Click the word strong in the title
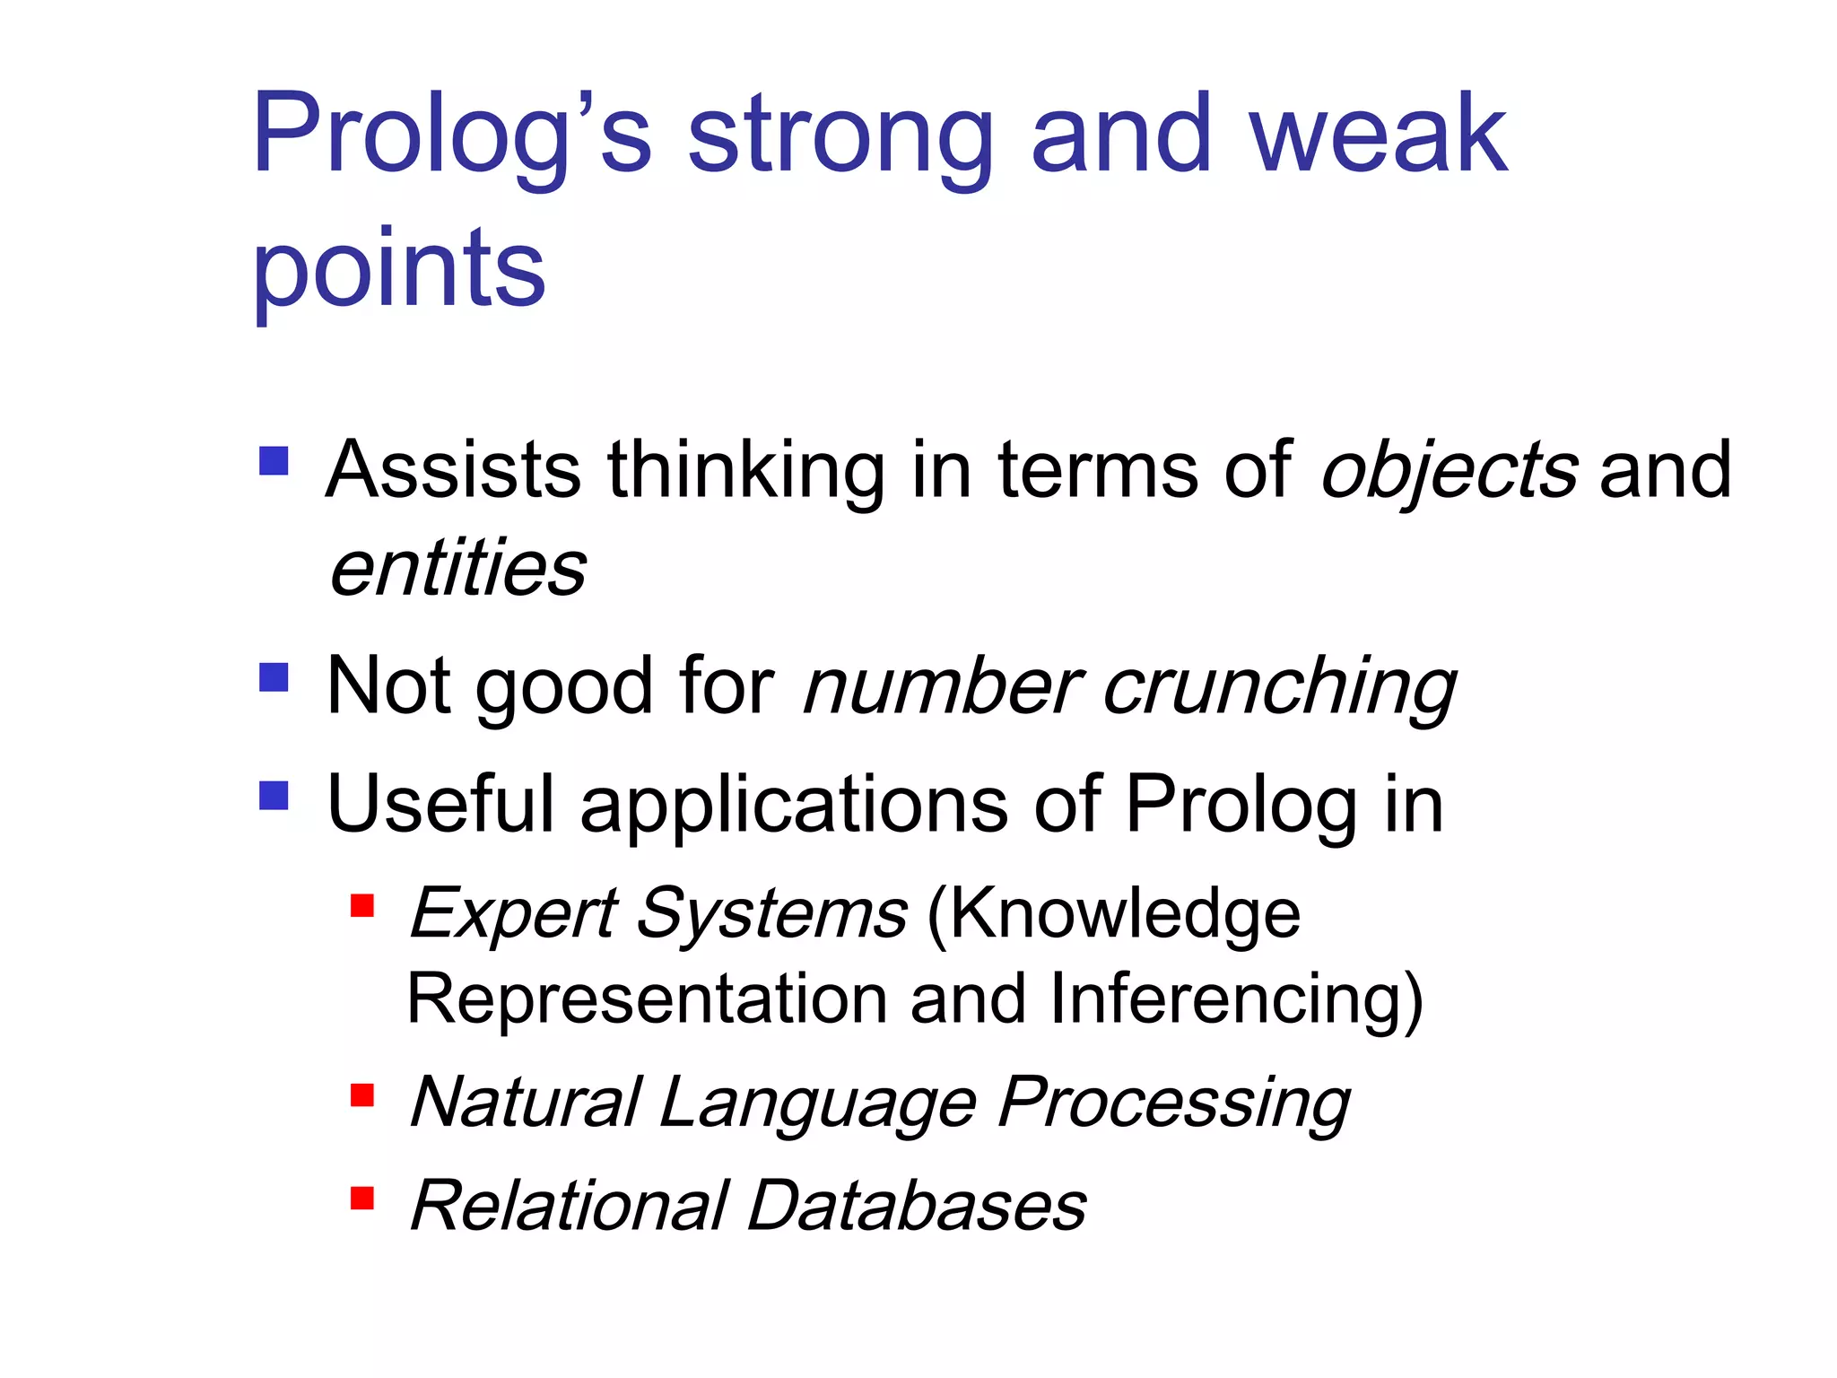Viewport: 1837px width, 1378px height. pyautogui.click(x=840, y=136)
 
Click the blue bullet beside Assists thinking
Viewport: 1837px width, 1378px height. pyautogui.click(x=274, y=461)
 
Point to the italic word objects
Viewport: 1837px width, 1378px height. pyautogui.click(x=1449, y=471)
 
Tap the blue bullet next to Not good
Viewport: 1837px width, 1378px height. pyautogui.click(x=274, y=677)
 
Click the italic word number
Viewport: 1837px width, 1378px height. pyautogui.click(x=943, y=687)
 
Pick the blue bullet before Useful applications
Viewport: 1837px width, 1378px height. pyautogui.click(x=274, y=795)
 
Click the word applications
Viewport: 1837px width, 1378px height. pyautogui.click(x=794, y=805)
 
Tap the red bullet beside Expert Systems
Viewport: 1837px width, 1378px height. pyautogui.click(x=361, y=906)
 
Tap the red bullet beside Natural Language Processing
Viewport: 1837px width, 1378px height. pyautogui.click(x=361, y=1095)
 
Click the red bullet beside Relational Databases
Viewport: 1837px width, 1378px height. pyautogui.click(x=361, y=1199)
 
